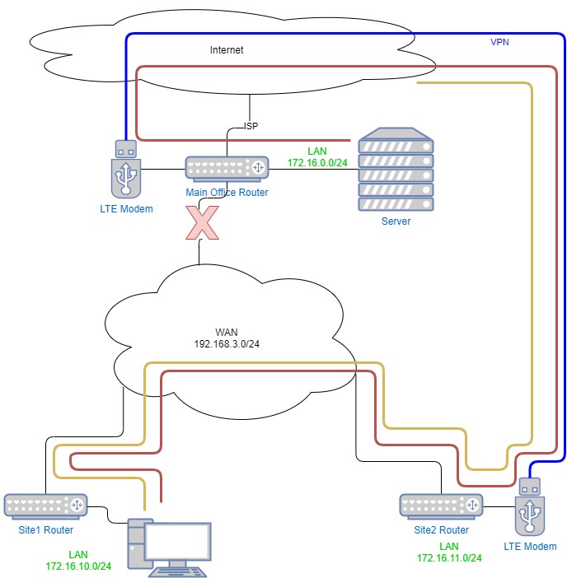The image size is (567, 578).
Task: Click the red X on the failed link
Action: [x=203, y=222]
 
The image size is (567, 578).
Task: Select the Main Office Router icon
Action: [x=227, y=169]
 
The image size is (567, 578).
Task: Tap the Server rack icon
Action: [x=396, y=169]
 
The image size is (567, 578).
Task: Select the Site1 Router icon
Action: [x=46, y=506]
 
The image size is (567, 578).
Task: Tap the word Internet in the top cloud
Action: [x=227, y=50]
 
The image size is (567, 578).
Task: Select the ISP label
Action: [x=251, y=127]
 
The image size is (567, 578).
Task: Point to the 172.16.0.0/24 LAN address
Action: [x=317, y=163]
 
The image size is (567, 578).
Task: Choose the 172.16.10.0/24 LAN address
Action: [x=78, y=566]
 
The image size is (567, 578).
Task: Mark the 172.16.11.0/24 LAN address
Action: [x=449, y=558]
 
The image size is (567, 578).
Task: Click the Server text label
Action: [x=396, y=221]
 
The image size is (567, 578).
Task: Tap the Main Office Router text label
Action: [x=227, y=193]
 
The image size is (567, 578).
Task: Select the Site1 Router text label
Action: [x=46, y=530]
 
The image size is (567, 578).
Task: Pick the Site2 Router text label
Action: [x=442, y=530]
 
